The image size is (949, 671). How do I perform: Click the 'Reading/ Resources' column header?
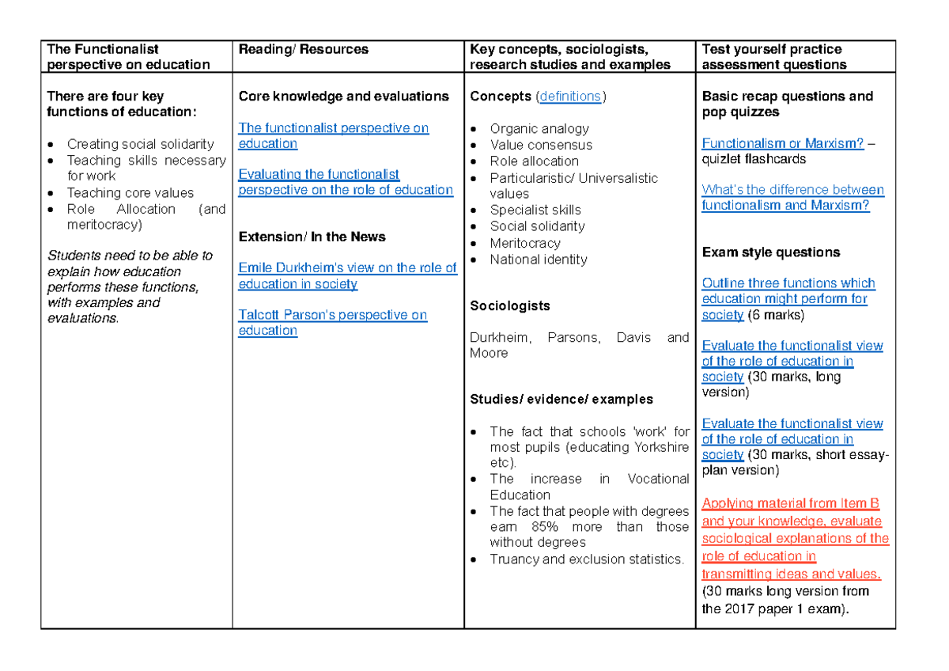click(x=303, y=49)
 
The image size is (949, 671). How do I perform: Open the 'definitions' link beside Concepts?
click(x=569, y=97)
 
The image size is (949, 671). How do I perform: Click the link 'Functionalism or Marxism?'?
click(x=782, y=143)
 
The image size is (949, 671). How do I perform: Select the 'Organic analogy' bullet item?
click(x=539, y=129)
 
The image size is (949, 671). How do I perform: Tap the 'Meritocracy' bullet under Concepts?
click(x=525, y=243)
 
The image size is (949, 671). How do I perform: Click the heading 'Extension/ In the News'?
click(x=312, y=237)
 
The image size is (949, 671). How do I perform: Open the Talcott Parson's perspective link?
click(x=332, y=315)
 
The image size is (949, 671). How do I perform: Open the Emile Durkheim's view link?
click(x=347, y=268)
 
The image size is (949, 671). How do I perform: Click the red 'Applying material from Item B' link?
click(x=790, y=504)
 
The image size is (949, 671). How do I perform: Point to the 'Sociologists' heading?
click(x=509, y=305)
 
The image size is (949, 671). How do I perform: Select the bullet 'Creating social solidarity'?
click(x=140, y=144)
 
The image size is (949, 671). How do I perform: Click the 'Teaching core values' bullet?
click(x=130, y=193)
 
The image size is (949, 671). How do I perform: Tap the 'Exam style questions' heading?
click(x=770, y=252)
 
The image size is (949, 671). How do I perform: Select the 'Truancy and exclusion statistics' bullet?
click(x=586, y=559)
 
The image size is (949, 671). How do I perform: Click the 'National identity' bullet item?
click(x=538, y=260)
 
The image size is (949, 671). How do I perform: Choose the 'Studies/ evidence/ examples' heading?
click(x=561, y=399)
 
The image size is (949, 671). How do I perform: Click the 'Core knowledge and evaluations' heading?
click(x=343, y=97)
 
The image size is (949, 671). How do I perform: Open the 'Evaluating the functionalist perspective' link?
click(x=319, y=175)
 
